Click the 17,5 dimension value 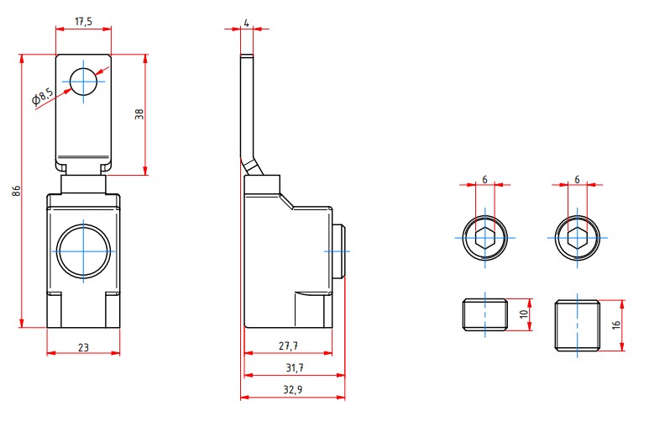click(x=83, y=20)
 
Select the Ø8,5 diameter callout click(x=43, y=98)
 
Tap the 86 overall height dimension click(x=15, y=191)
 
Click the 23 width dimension click(x=83, y=345)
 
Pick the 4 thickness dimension click(x=246, y=21)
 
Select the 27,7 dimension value click(x=287, y=345)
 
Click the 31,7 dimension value click(x=293, y=367)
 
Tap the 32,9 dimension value click(x=293, y=388)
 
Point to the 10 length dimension click(x=523, y=314)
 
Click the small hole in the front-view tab click(x=83, y=82)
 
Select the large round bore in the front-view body click(x=83, y=250)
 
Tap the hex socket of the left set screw click(x=484, y=237)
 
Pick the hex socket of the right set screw click(x=578, y=237)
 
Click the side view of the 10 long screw click(x=484, y=315)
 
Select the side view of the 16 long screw click(x=578, y=325)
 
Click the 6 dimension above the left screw click(x=484, y=180)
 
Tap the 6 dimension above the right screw click(x=578, y=180)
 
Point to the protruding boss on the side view click(x=338, y=251)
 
